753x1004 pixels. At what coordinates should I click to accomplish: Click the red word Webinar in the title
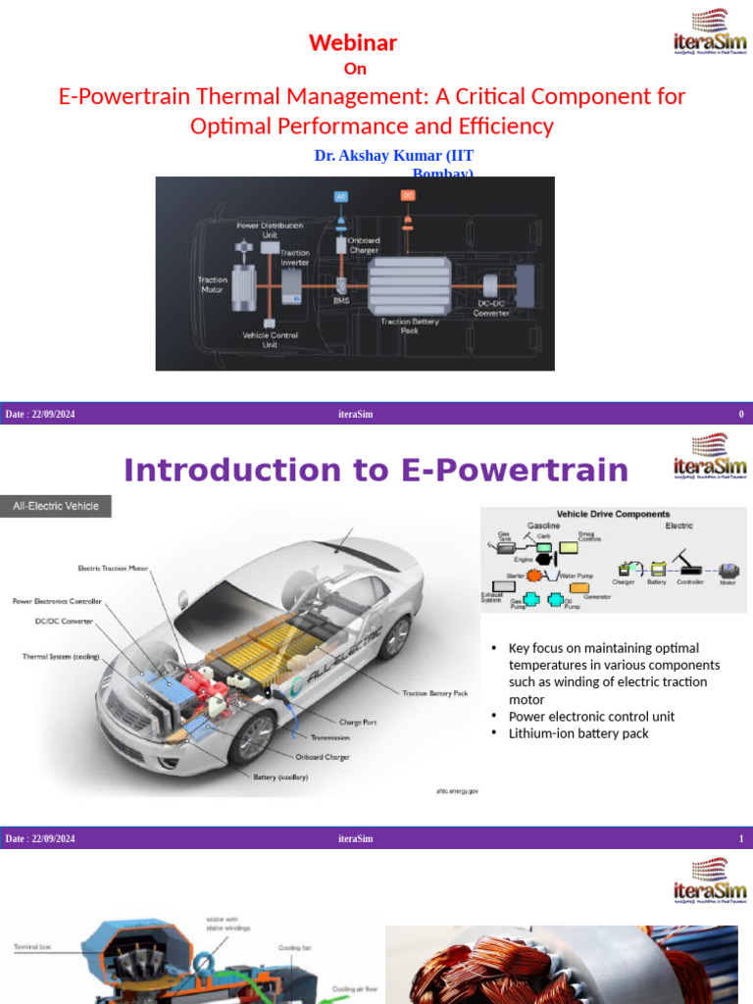tap(353, 42)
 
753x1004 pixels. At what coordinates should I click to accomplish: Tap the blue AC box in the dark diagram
tap(341, 196)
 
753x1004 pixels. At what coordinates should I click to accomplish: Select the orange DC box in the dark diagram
tap(408, 195)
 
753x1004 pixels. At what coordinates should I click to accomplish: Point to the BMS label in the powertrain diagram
tap(341, 301)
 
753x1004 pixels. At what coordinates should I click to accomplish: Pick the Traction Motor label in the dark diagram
tap(213, 284)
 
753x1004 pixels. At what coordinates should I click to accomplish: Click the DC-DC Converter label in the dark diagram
tap(492, 308)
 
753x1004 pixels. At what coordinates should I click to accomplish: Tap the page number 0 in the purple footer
tap(741, 415)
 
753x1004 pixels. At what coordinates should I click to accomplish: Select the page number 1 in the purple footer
tap(741, 838)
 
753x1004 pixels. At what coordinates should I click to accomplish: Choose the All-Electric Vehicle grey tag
tap(56, 507)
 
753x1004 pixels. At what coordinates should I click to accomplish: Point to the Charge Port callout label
tap(359, 723)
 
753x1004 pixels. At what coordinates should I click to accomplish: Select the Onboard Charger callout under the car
tap(323, 757)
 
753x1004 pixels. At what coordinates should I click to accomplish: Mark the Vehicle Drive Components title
tap(613, 514)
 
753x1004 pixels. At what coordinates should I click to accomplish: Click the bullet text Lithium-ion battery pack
tap(578, 733)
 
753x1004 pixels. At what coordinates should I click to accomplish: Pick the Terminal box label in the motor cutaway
tap(32, 947)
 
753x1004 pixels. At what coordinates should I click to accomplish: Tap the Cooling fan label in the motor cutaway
tap(294, 948)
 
